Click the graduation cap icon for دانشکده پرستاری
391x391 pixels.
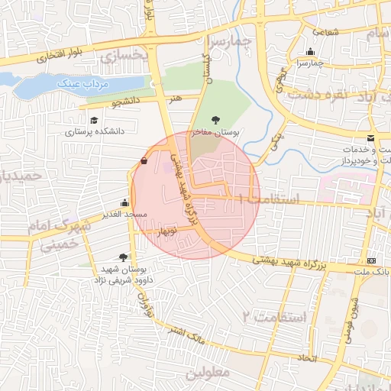94,120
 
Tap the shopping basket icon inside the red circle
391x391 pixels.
144,160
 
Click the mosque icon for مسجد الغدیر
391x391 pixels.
124,203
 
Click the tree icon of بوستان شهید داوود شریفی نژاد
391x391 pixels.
124,257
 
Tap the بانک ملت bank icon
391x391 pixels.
371,260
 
